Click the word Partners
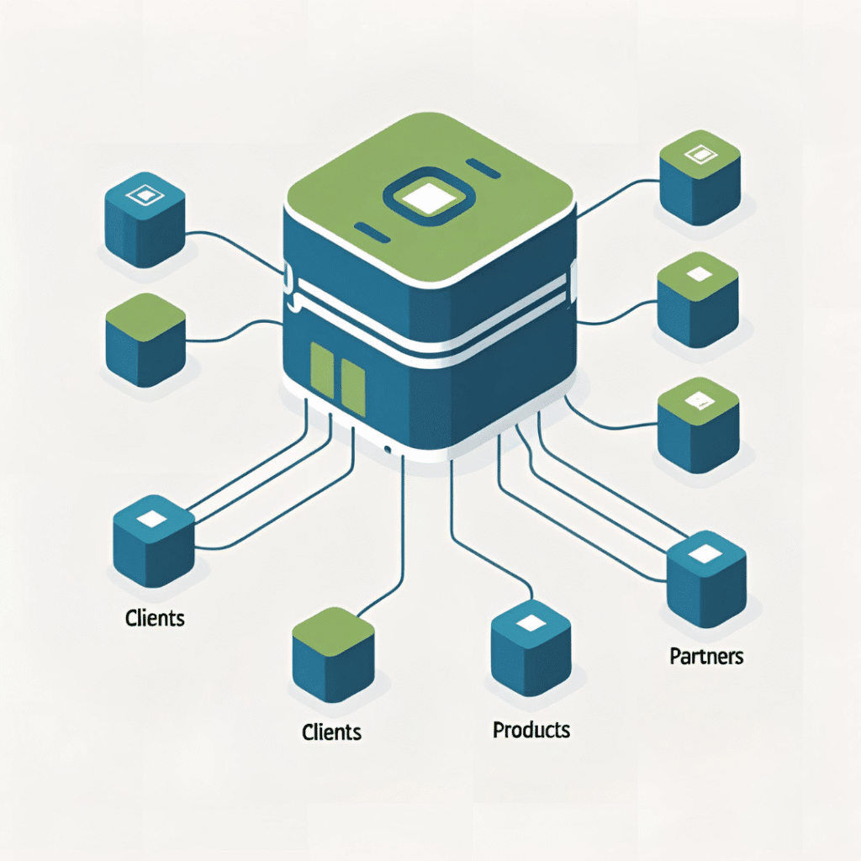point(706,656)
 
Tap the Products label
point(531,729)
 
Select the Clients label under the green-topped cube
point(331,732)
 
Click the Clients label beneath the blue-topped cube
point(155,618)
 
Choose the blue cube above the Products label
point(530,652)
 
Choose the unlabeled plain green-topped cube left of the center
point(145,340)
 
